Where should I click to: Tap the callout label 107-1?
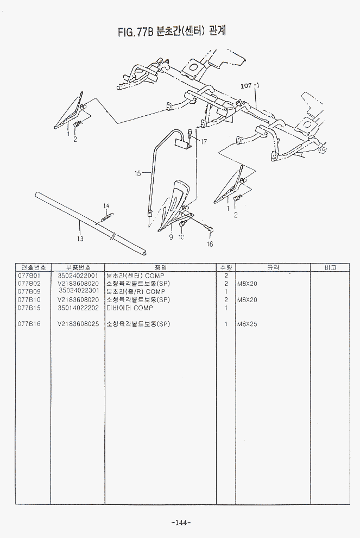(x=250, y=86)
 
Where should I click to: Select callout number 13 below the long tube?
(x=80, y=237)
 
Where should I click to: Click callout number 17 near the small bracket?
(x=204, y=142)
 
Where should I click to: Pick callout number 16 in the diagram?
(x=210, y=244)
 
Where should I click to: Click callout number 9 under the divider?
(x=170, y=237)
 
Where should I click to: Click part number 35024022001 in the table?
(x=78, y=276)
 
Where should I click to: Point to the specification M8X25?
(x=248, y=324)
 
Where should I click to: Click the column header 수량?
(x=225, y=268)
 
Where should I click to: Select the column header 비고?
(x=330, y=268)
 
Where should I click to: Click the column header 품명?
(x=160, y=268)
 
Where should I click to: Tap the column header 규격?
(x=273, y=268)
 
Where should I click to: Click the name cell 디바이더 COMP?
(x=129, y=308)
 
